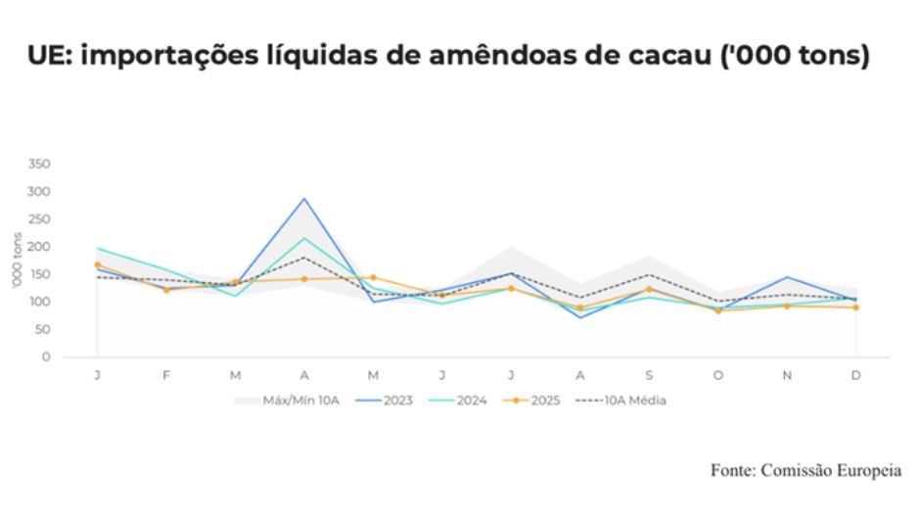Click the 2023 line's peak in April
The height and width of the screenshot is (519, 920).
[304, 199]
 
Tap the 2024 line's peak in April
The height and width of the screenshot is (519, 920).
[304, 238]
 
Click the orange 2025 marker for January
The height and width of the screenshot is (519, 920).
[98, 265]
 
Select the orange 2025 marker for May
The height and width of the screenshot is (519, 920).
[373, 278]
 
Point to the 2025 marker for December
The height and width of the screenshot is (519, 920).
[856, 307]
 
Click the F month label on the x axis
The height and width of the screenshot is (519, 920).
[166, 375]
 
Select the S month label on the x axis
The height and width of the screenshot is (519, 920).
[649, 375]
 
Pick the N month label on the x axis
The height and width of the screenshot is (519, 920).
[787, 375]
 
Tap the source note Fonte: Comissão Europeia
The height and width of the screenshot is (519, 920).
[805, 471]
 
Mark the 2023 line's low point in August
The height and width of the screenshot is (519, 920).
[580, 317]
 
